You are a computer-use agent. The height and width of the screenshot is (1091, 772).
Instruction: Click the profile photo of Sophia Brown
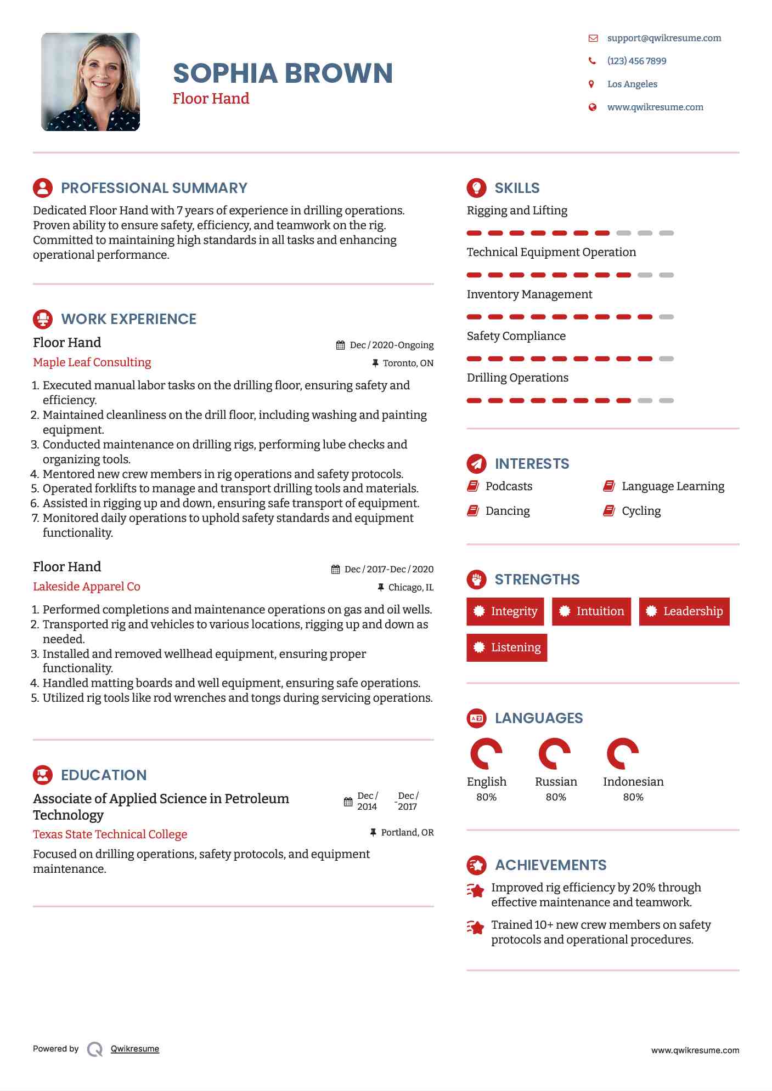click(91, 82)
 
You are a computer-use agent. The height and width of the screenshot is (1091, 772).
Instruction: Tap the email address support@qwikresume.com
click(664, 38)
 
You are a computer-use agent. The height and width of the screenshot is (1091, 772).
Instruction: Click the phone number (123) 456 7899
click(636, 61)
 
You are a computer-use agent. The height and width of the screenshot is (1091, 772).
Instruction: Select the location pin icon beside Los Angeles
click(591, 84)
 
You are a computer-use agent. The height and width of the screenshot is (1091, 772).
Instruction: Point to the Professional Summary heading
click(154, 188)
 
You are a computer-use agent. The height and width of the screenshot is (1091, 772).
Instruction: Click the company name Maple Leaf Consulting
click(92, 362)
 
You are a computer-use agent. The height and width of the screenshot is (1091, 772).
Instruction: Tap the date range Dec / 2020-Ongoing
click(391, 345)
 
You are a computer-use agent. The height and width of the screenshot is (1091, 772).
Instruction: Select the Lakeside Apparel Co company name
click(87, 587)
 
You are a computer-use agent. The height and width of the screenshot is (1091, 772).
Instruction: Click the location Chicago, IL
click(410, 587)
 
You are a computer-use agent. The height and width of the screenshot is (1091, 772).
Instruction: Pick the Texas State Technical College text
click(110, 834)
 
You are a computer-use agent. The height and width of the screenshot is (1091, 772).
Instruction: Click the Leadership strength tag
click(684, 611)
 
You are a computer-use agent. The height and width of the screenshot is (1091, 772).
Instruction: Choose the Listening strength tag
click(506, 647)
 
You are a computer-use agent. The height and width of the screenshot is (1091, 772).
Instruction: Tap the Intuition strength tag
click(591, 611)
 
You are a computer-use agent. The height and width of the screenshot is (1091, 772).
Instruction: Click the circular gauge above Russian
click(555, 754)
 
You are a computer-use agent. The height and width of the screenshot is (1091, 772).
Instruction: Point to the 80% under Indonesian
click(633, 797)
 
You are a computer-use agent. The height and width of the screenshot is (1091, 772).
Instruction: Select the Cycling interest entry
click(641, 511)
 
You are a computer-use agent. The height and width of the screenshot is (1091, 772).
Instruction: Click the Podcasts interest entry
click(509, 486)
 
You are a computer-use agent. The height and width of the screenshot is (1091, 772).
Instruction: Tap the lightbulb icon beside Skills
click(476, 187)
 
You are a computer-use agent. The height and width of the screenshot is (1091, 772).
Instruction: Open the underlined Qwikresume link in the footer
click(135, 1049)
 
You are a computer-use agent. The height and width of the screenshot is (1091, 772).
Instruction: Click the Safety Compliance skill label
click(516, 336)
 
